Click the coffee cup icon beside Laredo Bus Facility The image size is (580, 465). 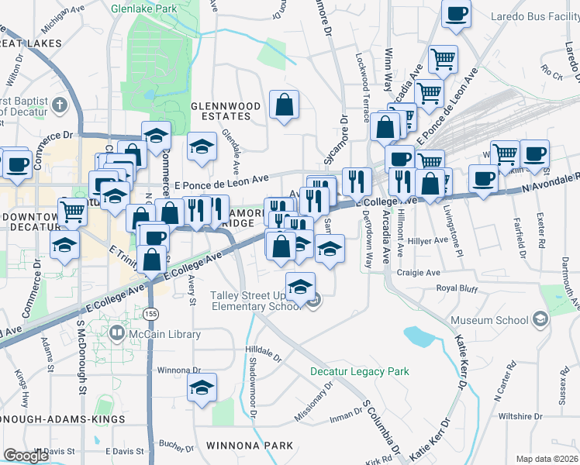coord(457,13)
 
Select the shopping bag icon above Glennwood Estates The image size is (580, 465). coord(285,105)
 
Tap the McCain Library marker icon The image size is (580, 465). coord(117,334)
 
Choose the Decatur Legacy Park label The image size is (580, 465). coord(359,372)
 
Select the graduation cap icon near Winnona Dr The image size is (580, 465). coord(202,387)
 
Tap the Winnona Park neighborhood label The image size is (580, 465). coord(250,446)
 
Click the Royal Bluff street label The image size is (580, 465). coord(458,288)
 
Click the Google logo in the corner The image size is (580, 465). coord(26,456)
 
